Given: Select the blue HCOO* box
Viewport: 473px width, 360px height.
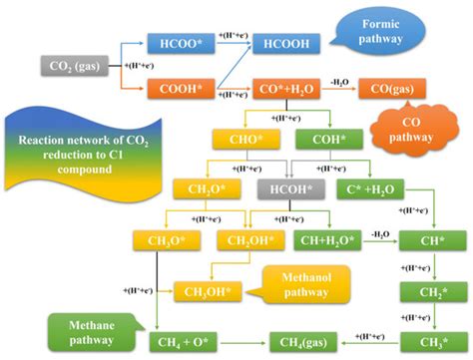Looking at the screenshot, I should tap(175, 44).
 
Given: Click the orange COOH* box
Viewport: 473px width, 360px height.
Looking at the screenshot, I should tap(175, 91).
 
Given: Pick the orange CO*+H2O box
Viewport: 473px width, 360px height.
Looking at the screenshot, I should tap(286, 91).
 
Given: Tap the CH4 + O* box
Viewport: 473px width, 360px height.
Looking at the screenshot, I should tap(190, 342).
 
